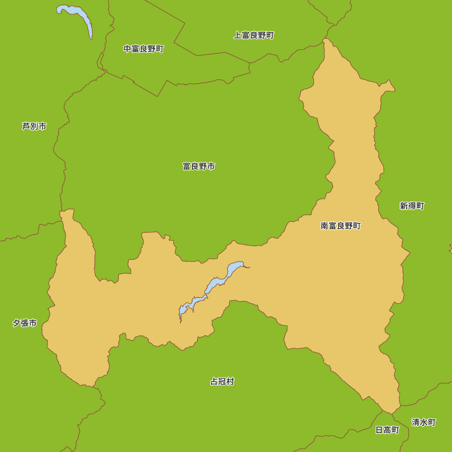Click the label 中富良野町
tap(144, 49)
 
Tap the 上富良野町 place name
tap(254, 35)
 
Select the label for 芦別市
tap(34, 127)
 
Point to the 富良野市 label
tap(198, 166)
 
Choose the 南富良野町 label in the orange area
tap(341, 226)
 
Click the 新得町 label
tap(412, 206)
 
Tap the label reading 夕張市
tap(25, 323)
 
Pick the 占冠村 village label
tap(222, 381)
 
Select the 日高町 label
tap(387, 430)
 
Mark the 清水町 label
tap(424, 422)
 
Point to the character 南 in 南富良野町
tap(325, 226)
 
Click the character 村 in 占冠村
tap(231, 381)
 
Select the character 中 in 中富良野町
tap(127, 49)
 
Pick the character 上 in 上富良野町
tap(237, 35)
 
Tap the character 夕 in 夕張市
tap(16, 323)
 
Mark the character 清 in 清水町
tap(415, 422)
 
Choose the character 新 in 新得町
tap(404, 206)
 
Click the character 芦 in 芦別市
tap(26, 127)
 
